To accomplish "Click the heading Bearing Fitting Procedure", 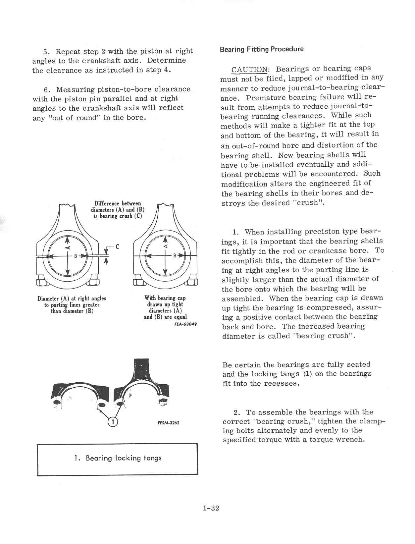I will pyautogui.click(x=261, y=49).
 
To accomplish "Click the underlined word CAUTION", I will pyautogui.click(x=250, y=70).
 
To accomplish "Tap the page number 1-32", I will pyautogui.click(x=211, y=508).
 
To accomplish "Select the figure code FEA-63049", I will pyautogui.click(x=185, y=324).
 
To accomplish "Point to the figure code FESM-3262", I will pyautogui.click(x=168, y=423).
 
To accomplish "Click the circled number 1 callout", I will pyautogui.click(x=113, y=422).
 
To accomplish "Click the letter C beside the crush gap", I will pyautogui.click(x=117, y=247).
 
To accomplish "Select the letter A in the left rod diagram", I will pyautogui.click(x=68, y=247).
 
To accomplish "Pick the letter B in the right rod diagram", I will pyautogui.click(x=175, y=256).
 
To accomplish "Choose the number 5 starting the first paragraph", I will pyautogui.click(x=46, y=52).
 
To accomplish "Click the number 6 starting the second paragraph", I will pyautogui.click(x=46, y=90).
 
